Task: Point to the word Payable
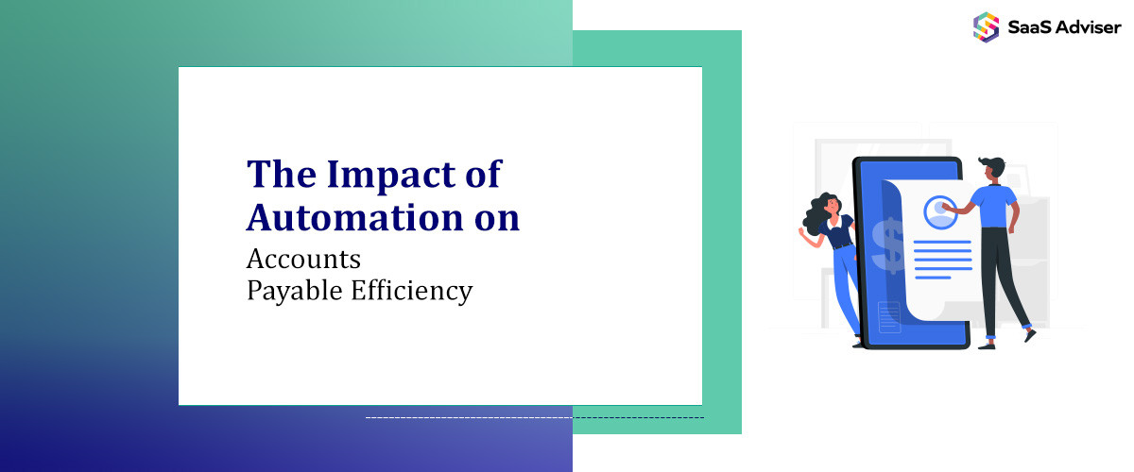coord(287,290)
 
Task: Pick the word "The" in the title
coord(279,176)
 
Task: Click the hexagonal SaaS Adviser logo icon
coord(986,25)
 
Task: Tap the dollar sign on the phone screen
coord(888,244)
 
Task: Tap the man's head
coord(989,171)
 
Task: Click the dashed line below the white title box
coord(534,416)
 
